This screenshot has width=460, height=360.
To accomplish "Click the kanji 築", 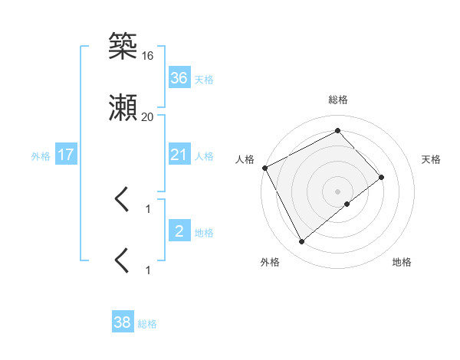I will pyautogui.click(x=123, y=47).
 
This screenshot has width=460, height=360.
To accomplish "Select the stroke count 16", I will pyautogui.click(x=148, y=56).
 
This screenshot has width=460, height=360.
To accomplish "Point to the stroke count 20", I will pyautogui.click(x=148, y=117).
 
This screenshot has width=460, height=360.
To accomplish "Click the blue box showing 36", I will pyautogui.click(x=179, y=78).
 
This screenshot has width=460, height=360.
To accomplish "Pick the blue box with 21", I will pyautogui.click(x=179, y=155).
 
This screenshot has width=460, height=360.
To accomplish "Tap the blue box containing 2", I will pyautogui.click(x=179, y=231).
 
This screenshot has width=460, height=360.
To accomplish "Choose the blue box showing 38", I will pyautogui.click(x=123, y=323).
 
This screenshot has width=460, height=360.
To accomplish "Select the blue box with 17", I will pyautogui.click(x=66, y=155).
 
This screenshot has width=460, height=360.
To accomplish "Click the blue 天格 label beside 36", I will pyautogui.click(x=204, y=79).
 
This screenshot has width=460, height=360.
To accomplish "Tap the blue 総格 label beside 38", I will pyautogui.click(x=147, y=324).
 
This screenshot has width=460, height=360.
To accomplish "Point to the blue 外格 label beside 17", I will pyautogui.click(x=41, y=155).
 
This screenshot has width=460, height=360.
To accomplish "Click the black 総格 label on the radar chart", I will pyautogui.click(x=338, y=100).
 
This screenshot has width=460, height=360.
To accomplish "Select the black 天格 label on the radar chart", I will pyautogui.click(x=432, y=159).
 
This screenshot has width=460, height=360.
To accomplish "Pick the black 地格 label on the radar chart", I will pyautogui.click(x=402, y=262).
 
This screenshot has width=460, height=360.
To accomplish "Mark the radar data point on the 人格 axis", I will pyautogui.click(x=264, y=168).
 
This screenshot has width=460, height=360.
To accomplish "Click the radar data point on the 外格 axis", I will pyautogui.click(x=301, y=242).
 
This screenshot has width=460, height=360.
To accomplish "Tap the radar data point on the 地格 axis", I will pyautogui.click(x=347, y=204).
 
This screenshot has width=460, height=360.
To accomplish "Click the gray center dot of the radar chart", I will pyautogui.click(x=338, y=191).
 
